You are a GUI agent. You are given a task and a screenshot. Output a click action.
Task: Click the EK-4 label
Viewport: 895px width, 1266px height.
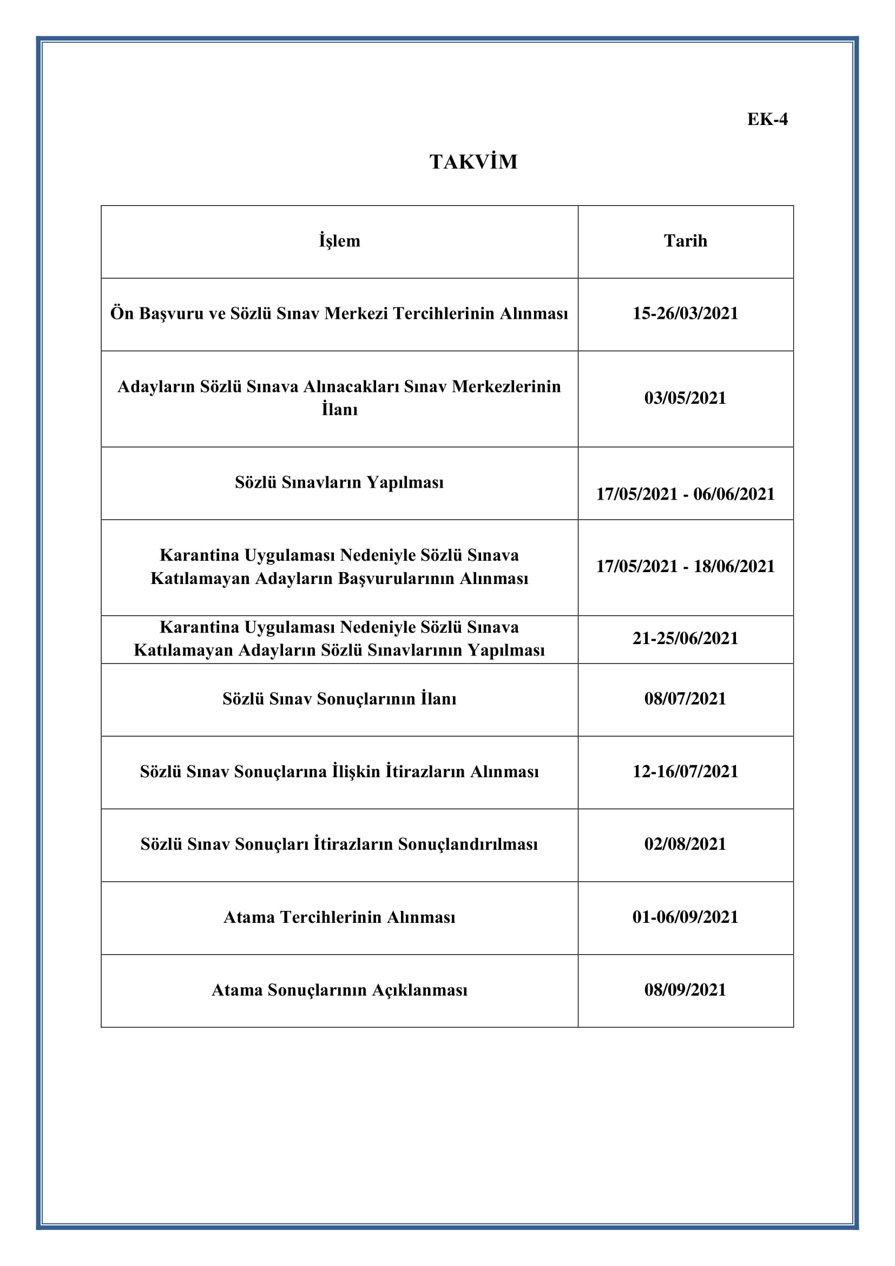pos(767,119)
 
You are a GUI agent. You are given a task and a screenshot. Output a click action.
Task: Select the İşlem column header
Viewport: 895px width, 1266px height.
pos(339,241)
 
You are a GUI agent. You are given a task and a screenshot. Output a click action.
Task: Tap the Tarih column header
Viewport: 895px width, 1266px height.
pos(685,241)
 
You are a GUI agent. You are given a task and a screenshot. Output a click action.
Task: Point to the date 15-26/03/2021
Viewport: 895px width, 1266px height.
pos(685,314)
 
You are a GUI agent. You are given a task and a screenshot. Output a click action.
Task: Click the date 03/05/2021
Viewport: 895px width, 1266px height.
pos(685,398)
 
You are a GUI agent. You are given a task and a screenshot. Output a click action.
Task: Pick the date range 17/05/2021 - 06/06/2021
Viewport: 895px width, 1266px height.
pos(685,494)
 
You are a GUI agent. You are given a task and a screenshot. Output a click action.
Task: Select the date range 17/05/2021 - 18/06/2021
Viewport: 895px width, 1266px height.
pos(685,566)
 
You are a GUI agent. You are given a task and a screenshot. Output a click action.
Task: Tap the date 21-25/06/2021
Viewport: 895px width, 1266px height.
pos(685,639)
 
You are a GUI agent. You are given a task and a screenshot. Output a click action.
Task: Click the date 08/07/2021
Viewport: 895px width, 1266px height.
pos(685,699)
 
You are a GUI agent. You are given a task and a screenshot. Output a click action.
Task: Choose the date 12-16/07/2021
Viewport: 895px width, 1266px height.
pos(685,771)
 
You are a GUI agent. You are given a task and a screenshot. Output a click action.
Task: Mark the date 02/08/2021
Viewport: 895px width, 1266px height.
pos(685,844)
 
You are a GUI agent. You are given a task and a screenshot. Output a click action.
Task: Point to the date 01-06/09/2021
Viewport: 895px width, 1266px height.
pos(685,917)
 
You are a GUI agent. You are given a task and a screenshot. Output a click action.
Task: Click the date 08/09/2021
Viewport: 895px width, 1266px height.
pos(685,990)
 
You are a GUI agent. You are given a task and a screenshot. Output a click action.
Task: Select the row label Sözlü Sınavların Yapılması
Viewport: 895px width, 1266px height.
pos(339,482)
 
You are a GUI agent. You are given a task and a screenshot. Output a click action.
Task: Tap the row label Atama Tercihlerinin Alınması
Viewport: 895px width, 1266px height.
pos(339,917)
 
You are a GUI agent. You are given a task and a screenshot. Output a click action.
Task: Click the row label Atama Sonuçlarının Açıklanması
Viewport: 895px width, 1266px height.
pos(339,990)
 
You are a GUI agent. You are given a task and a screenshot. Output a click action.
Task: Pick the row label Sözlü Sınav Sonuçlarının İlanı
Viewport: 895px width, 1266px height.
pos(339,699)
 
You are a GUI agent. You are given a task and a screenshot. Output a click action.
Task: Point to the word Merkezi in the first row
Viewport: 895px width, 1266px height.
pos(356,314)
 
